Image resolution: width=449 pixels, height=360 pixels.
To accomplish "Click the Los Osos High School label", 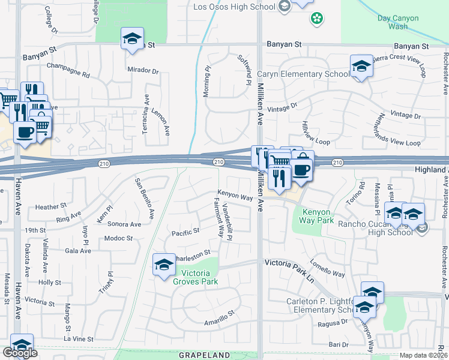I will [x=235, y=7].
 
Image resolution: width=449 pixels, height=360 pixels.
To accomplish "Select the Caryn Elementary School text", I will [x=303, y=74].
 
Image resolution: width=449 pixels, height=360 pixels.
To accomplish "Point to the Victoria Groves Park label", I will [x=195, y=277].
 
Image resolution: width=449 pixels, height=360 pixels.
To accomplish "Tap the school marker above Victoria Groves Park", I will [x=164, y=265].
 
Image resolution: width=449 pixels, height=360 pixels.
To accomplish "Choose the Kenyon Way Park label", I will [x=317, y=216].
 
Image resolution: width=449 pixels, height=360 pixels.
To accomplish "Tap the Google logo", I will [x=20, y=353].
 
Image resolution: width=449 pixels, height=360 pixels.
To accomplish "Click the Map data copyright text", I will [x=424, y=355].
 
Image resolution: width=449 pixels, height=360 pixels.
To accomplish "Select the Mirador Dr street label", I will [x=143, y=70].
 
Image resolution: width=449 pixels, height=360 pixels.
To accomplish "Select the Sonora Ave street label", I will [x=124, y=224].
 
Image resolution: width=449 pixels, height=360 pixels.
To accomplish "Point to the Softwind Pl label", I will [x=243, y=69].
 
